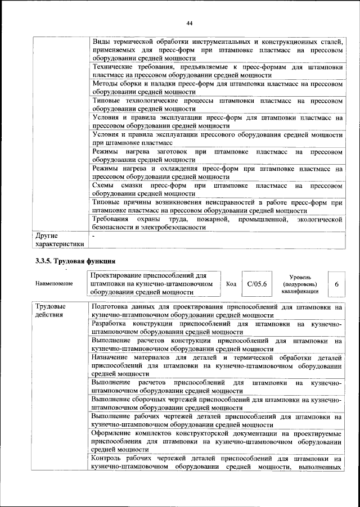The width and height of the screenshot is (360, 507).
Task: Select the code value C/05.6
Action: pyautogui.click(x=256, y=284)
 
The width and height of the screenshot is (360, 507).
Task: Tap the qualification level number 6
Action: pyautogui.click(x=336, y=284)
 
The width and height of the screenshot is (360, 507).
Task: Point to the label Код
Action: pyautogui.click(x=231, y=284)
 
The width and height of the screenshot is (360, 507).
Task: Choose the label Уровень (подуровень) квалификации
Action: pyautogui.click(x=299, y=284)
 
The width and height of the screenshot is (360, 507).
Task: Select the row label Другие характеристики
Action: pyautogui.click(x=60, y=240)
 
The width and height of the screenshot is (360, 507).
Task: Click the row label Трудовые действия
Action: pyautogui.click(x=51, y=311)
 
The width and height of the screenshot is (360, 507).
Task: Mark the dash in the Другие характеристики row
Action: pyautogui.click(x=94, y=236)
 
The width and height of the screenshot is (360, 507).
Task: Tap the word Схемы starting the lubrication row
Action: pyautogui.click(x=105, y=185)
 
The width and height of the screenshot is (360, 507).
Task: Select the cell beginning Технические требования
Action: pyautogui.click(x=217, y=70)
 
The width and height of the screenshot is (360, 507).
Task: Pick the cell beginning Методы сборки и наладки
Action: pyautogui.click(x=217, y=87)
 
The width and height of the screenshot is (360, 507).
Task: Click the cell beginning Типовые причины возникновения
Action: pyautogui.click(x=217, y=206)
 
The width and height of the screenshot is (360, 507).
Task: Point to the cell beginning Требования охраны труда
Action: pyautogui.click(x=217, y=223)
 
